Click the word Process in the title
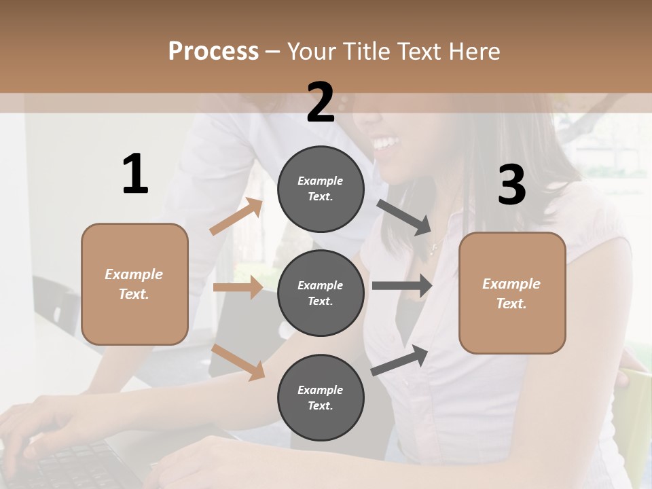[x=213, y=52]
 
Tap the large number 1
[x=135, y=175]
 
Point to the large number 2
[x=321, y=103]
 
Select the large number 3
[x=511, y=185]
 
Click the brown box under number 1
[x=134, y=284]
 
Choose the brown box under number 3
[x=512, y=293]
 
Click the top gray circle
[x=321, y=189]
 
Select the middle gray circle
[x=321, y=293]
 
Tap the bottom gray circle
[x=321, y=397]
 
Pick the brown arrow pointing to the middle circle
[x=238, y=287]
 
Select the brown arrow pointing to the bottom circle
[x=238, y=362]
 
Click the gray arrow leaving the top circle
[x=404, y=217]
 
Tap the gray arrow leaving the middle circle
[x=402, y=286]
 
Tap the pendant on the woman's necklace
[x=433, y=252]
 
